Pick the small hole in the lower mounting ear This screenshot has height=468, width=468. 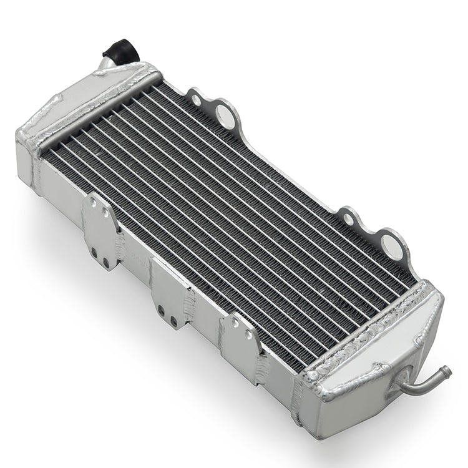pos(346,218)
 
